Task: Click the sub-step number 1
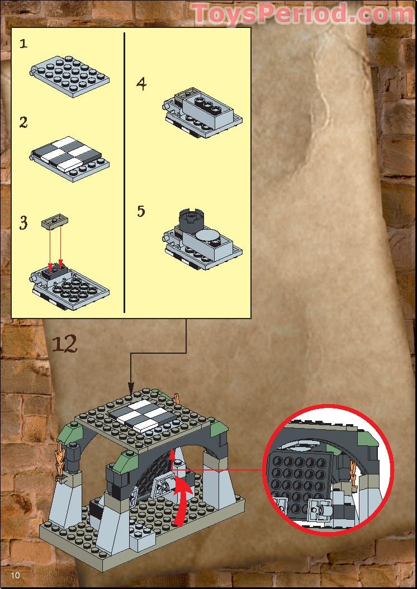pos(23,44)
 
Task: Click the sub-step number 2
pos(23,122)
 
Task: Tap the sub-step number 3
pos(23,224)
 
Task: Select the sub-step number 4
pos(141,84)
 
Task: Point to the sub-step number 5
pos(141,211)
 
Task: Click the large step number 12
pos(65,344)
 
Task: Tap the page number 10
pos(15,576)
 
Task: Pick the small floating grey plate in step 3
pos(55,223)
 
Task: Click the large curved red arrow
pos(182,500)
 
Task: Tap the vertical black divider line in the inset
pos(124,171)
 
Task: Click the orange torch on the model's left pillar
pos(60,462)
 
